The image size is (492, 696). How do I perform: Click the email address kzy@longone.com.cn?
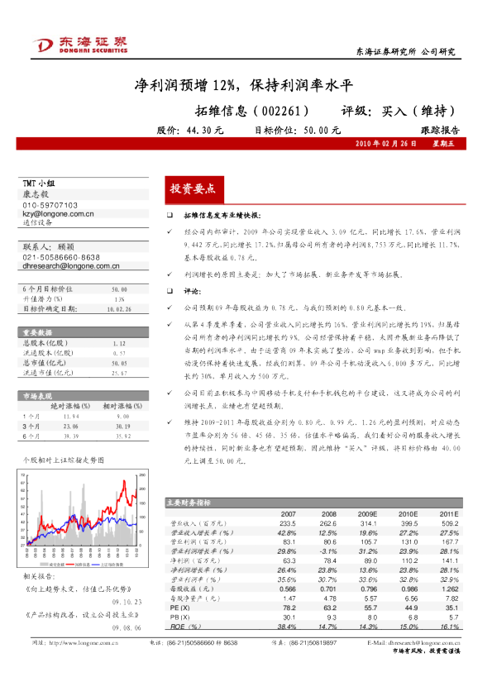58,213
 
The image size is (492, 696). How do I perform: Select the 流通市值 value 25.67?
117,374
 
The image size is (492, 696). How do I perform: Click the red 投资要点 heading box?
192,189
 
